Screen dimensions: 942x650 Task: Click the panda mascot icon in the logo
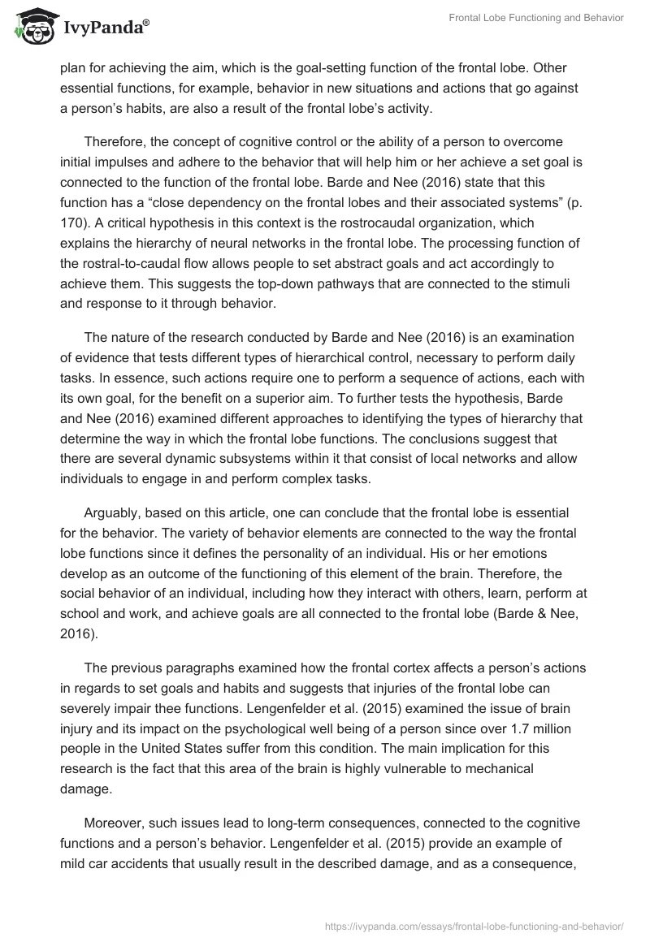tap(32, 26)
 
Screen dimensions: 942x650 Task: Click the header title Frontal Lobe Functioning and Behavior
tap(536, 18)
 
